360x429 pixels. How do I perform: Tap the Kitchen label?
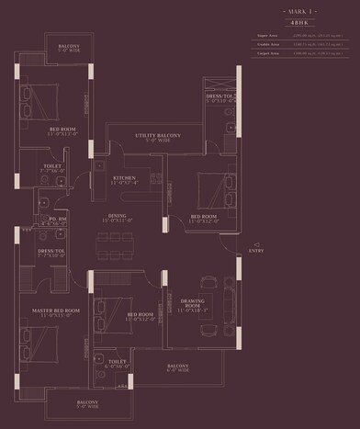click(125, 179)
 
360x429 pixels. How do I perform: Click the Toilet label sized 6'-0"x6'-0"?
click(116, 364)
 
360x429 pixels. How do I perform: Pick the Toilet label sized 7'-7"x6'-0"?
click(52, 169)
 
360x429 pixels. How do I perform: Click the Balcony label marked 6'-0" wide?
click(178, 369)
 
